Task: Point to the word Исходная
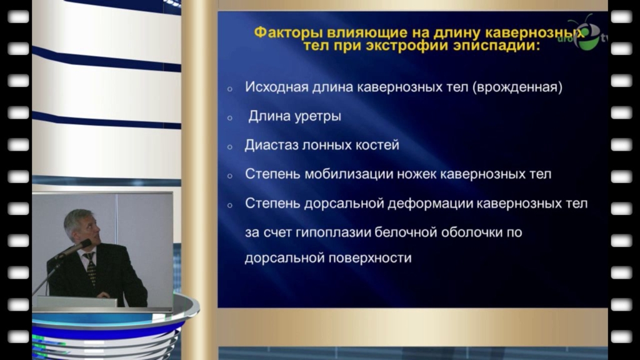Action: pyautogui.click(x=276, y=87)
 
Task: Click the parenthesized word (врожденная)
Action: pyautogui.click(x=517, y=87)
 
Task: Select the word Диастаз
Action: pyautogui.click(x=271, y=145)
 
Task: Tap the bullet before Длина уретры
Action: pyautogui.click(x=230, y=118)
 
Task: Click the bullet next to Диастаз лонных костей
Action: pyautogui.click(x=230, y=147)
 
